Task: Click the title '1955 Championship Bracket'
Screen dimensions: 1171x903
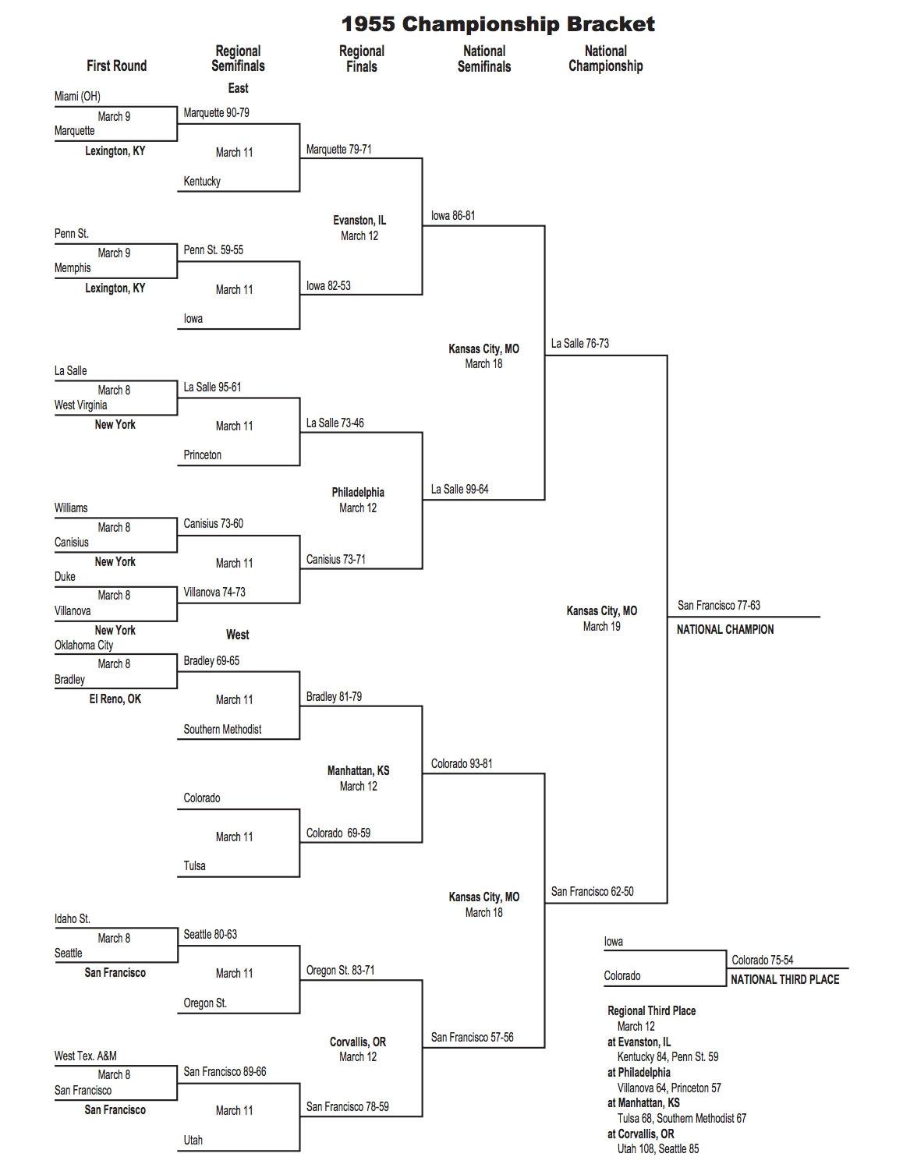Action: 498,24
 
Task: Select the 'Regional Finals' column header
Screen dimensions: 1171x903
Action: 361,58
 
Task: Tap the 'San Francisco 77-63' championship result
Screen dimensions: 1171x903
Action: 718,605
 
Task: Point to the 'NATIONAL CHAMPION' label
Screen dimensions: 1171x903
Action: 724,629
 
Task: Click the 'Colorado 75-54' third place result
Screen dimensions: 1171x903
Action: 762,960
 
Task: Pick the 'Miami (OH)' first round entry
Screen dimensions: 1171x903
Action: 77,96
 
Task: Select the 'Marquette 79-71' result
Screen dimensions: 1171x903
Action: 338,149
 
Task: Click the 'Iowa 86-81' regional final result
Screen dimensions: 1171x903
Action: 452,215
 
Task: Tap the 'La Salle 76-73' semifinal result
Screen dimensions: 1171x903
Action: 579,343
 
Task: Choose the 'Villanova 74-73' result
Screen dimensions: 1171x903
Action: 214,592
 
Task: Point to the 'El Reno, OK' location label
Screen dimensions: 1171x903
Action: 115,699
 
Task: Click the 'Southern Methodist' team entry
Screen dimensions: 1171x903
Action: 222,729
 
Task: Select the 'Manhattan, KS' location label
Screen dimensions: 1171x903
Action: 358,770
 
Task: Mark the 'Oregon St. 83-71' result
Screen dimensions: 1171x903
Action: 340,970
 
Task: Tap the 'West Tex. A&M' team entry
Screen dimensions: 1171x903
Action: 85,1056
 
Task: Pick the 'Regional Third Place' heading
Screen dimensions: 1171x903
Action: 651,1010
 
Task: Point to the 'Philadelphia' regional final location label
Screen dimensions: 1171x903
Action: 358,492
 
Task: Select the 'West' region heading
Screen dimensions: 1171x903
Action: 237,635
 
